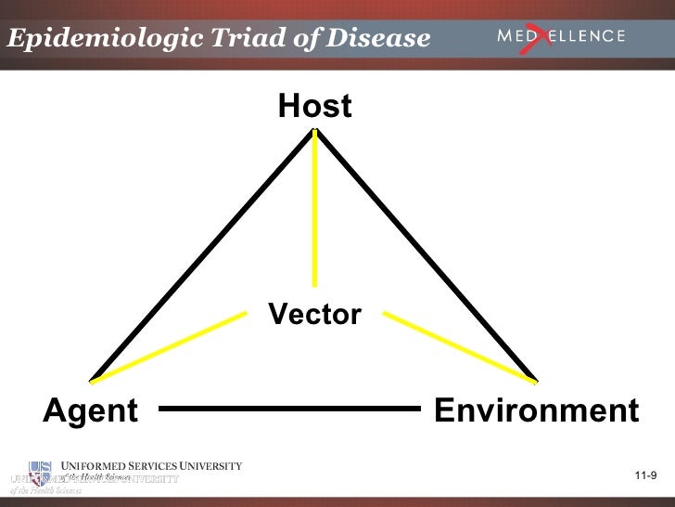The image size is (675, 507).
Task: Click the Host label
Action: coord(314,107)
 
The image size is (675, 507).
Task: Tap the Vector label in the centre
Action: coord(314,315)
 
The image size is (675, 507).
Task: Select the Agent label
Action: coord(91,409)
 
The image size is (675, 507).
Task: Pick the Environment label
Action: coord(536,409)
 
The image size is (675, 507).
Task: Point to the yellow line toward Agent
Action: coord(167,345)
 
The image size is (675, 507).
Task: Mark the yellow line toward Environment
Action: coord(459,345)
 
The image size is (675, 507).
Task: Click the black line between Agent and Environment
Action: coord(290,408)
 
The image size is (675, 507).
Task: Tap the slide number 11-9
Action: coord(645,476)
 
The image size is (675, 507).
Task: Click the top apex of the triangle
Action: coord(315,131)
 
